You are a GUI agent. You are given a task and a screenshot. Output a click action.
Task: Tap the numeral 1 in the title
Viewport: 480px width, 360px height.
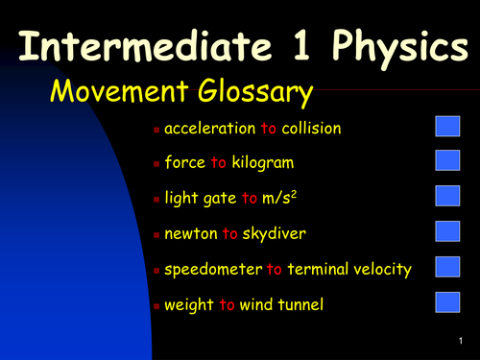(x=296, y=44)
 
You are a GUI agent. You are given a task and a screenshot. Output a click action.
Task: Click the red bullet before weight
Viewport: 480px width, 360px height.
(x=156, y=306)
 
